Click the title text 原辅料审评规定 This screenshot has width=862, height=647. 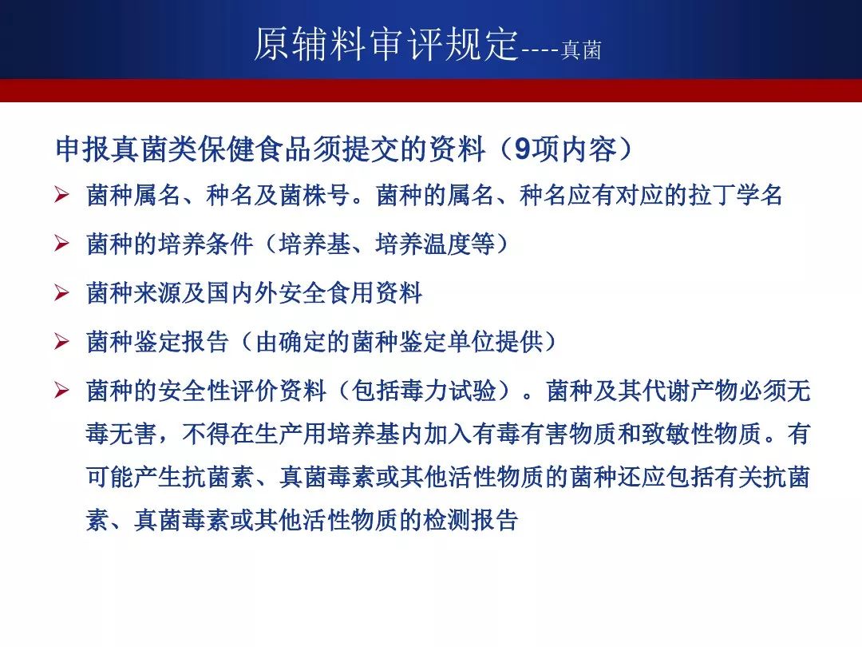click(x=386, y=43)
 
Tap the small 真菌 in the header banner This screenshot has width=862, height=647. click(x=581, y=50)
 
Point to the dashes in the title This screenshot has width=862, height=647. click(x=540, y=51)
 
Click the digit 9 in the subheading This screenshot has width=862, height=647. click(x=522, y=149)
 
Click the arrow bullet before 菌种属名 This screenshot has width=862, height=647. click(x=61, y=196)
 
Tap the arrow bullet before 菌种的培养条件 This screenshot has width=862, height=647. click(x=61, y=244)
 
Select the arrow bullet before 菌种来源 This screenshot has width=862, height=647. click(x=61, y=292)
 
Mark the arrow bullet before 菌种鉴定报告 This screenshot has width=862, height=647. click(x=61, y=342)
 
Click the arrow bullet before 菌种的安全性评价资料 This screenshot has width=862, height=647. click(x=61, y=391)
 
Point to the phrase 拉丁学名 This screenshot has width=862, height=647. click(x=735, y=196)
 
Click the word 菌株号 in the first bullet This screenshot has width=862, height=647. click(x=315, y=196)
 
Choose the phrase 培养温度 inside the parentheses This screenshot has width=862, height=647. click(x=423, y=244)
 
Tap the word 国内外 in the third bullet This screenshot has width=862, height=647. click(x=242, y=292)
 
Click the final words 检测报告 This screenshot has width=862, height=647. click(x=471, y=519)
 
